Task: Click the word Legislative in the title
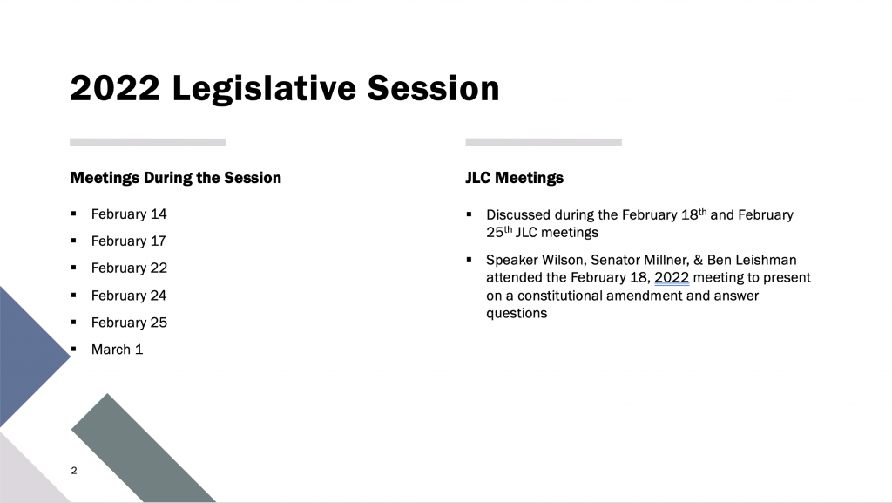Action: point(264,89)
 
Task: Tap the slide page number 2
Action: point(74,471)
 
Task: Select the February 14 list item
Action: point(129,214)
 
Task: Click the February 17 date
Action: point(128,241)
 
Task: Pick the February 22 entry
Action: point(129,268)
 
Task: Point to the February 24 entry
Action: point(129,296)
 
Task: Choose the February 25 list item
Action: point(129,323)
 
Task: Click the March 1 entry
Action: point(117,350)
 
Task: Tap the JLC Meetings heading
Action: point(514,178)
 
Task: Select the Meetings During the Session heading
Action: point(176,178)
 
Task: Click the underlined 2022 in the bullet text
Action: point(672,278)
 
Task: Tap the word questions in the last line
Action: point(517,314)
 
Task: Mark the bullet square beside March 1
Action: point(73,349)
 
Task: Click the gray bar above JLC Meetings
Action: point(544,142)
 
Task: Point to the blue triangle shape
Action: point(29,357)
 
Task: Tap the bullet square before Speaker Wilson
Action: point(469,260)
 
